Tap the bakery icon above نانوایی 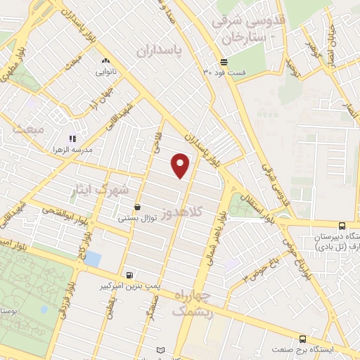coord(105,61)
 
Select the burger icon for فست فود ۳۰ coord(223,62)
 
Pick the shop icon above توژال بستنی coord(137,207)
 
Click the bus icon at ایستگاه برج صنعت coord(302,339)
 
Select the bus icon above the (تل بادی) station coord(342,226)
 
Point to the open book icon coord(160,350)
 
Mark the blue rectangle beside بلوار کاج coord(93,258)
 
